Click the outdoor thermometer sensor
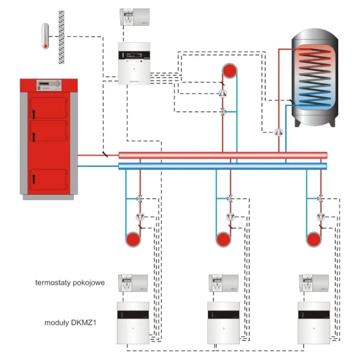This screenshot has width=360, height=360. point(45,36)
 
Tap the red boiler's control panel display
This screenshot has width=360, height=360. point(49,85)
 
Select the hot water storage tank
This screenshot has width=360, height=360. point(315,77)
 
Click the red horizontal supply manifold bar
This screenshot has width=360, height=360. point(223,155)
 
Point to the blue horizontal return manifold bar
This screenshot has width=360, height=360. point(223,166)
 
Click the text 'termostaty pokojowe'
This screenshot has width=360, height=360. point(70,283)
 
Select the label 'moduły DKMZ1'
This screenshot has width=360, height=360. point(70,322)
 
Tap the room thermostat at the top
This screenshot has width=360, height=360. point(135,17)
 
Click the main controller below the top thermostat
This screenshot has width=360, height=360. point(134,63)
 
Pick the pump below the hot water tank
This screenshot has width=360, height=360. point(279,132)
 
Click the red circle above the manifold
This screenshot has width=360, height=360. point(230,71)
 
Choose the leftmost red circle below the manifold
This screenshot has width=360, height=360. point(133,240)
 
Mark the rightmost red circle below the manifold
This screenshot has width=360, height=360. point(314,240)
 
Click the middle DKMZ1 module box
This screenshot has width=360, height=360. point(223,323)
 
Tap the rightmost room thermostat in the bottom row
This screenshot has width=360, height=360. point(314,283)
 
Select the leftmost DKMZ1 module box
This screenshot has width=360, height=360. point(133,323)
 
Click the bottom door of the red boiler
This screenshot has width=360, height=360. point(48,180)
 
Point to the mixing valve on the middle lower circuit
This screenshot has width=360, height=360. point(230,199)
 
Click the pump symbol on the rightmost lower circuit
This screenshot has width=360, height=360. point(321,217)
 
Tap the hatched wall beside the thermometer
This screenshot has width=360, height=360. point(61,37)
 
